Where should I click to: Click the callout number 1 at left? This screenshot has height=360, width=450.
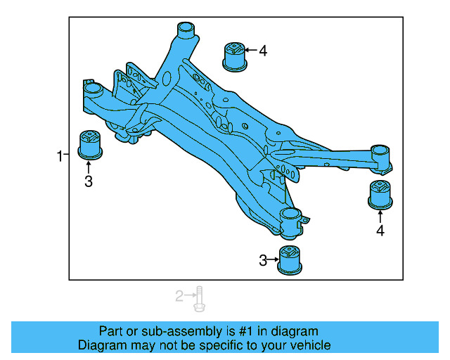click(60, 155)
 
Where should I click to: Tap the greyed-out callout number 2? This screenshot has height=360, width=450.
click(179, 296)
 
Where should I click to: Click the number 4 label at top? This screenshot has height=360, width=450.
click(263, 51)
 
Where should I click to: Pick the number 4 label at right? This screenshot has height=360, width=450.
click(380, 230)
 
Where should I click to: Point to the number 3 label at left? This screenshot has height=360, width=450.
click(89, 182)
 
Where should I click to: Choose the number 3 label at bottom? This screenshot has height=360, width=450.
click(263, 261)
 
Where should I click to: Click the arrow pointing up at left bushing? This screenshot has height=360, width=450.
click(89, 167)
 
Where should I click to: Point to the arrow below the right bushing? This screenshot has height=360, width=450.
click(380, 214)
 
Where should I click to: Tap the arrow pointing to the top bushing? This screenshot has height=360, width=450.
click(250, 51)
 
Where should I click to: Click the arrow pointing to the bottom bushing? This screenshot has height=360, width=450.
click(274, 261)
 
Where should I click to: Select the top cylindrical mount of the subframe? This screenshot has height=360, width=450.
click(185, 32)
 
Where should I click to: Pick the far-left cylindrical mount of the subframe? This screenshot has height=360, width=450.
click(91, 92)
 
